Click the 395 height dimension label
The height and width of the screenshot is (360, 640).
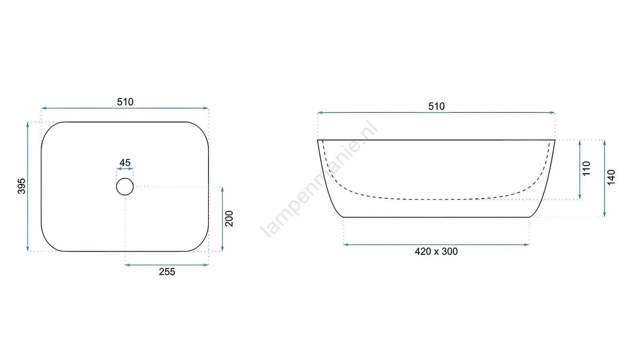pos(22,186)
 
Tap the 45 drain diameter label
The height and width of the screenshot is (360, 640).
pos(125,162)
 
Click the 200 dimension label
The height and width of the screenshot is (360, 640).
pos(229,218)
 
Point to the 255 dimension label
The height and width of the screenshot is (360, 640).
pos(167,272)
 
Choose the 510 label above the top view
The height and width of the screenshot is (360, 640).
pos(125,102)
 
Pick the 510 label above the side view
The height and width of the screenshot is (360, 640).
pos(436,106)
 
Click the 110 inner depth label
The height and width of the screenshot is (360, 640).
pos(586,169)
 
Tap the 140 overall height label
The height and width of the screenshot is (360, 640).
pos(611,178)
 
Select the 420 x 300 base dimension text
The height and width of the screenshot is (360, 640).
pos(436,252)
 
